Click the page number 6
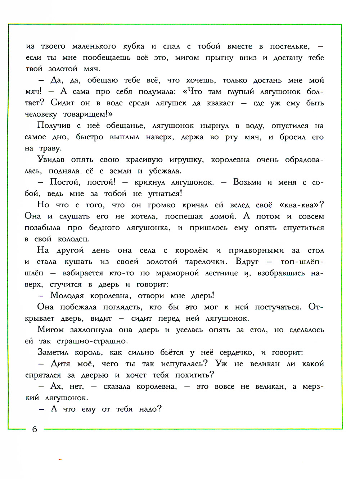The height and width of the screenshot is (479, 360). [x=35, y=429]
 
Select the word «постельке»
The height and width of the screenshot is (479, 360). [x=289, y=46]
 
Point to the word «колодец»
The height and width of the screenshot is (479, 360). [x=73, y=239]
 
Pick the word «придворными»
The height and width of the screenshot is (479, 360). [x=256, y=250]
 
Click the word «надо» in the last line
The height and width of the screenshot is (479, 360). [x=150, y=409]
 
